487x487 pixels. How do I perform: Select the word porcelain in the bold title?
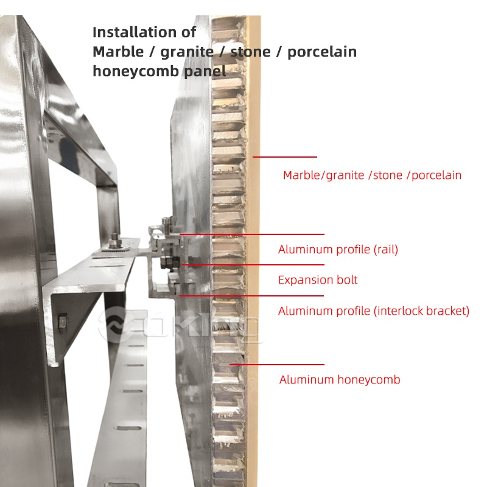[x=321, y=52]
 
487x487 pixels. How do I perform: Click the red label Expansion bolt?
[x=318, y=280]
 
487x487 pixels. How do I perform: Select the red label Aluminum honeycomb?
[x=340, y=380]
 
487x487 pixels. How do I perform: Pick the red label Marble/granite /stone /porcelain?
[x=372, y=175]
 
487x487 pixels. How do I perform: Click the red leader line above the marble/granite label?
[x=285, y=157]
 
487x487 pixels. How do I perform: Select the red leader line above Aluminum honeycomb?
[x=276, y=365]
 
